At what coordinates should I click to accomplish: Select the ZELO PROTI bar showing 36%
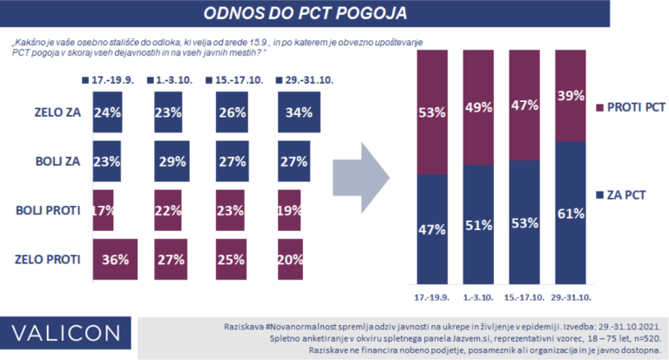coord(115,258)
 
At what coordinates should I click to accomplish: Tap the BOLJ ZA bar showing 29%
coord(172,160)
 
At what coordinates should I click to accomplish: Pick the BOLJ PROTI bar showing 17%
coord(103,209)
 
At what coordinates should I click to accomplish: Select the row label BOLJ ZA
coord(51,160)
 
